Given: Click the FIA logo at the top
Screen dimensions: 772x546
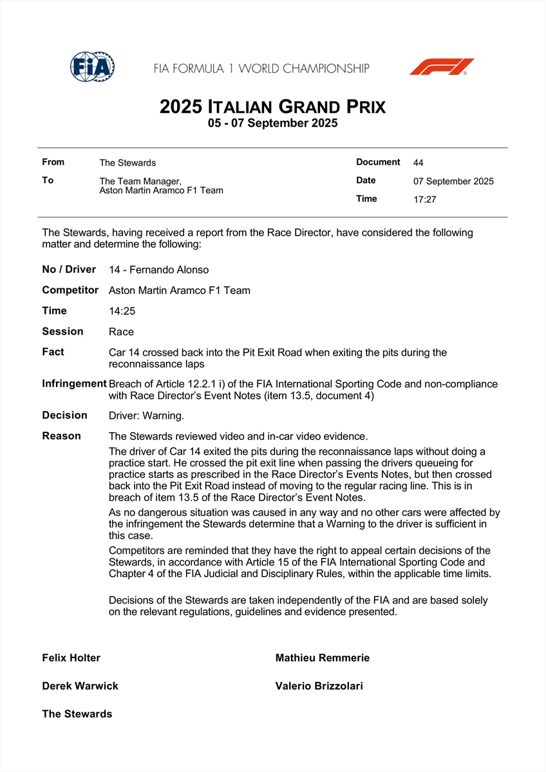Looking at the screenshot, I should point(92,66).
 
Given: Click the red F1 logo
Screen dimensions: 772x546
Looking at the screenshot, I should point(442,67).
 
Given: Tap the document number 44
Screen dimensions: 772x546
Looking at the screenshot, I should point(419,163).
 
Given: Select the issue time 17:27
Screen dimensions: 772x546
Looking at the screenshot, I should point(425,199).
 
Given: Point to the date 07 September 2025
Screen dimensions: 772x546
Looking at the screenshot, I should point(453,181).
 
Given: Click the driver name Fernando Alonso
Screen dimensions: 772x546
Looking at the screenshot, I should point(169,270).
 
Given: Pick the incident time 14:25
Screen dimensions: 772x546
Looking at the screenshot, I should point(122,311).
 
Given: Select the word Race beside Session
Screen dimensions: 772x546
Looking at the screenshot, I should point(122,332).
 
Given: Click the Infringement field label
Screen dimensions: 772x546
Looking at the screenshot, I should point(74,383).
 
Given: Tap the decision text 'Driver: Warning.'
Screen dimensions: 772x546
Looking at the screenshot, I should point(146,416).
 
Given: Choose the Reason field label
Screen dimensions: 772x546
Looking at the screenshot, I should point(62,436).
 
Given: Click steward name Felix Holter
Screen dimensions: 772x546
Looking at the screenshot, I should point(71,658).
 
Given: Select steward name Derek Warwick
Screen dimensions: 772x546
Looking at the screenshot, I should point(80,686).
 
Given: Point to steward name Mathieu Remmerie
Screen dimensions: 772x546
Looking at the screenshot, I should point(323,658).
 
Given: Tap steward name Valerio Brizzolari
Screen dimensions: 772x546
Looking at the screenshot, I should point(319,686).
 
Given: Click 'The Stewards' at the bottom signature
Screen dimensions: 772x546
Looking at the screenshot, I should point(77,714).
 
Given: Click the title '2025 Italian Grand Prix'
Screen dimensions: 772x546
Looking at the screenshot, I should point(272,106).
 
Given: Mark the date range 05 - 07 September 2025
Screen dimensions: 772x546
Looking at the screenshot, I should point(272,124).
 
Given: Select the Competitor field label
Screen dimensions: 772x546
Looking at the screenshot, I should point(70,290).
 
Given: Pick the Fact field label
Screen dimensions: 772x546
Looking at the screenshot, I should point(53,352).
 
